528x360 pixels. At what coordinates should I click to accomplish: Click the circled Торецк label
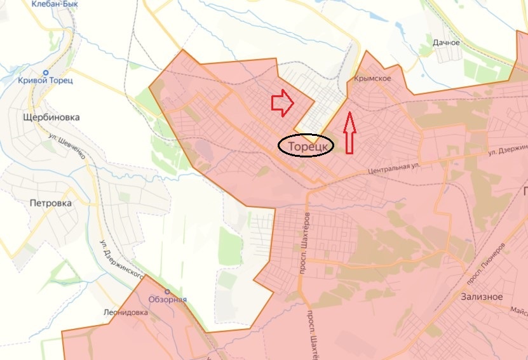coord(306,146)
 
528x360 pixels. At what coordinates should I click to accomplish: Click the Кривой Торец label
coord(46,80)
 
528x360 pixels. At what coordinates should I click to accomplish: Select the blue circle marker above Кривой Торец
coord(46,72)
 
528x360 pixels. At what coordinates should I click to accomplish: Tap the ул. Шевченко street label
coord(66,145)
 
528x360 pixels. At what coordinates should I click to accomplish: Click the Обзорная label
coord(167,300)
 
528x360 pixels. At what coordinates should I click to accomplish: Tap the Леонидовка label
coord(126,313)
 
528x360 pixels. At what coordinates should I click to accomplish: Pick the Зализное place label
coord(482,297)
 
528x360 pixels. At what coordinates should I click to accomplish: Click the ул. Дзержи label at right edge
coord(508,153)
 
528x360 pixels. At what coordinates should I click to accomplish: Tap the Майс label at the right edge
coord(518,310)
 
